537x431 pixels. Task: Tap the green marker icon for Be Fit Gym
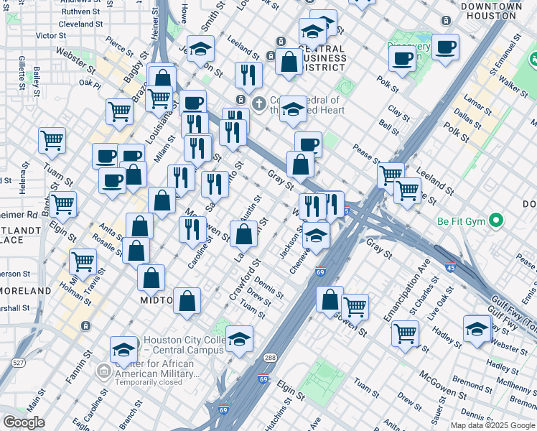click(x=495, y=221)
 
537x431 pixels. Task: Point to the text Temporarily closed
click(x=149, y=383)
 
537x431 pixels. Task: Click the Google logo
click(x=24, y=422)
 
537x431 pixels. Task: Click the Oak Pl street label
click(x=90, y=83)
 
